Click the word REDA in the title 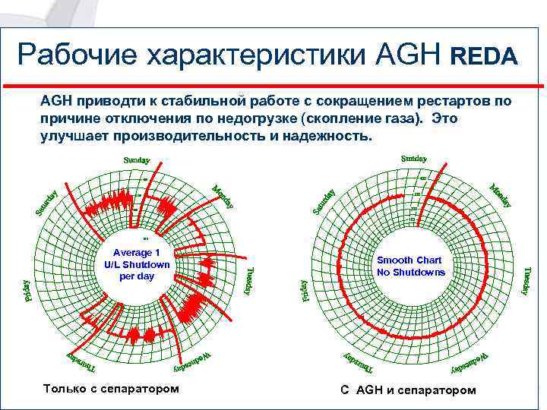coord(485,56)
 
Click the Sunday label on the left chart coord(137,161)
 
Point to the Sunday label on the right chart coord(413,159)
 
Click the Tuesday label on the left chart coord(250,279)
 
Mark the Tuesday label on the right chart coord(526,280)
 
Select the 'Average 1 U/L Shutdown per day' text coord(137,264)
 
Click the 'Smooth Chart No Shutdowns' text coord(411,266)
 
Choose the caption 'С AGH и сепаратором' coord(408,389)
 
